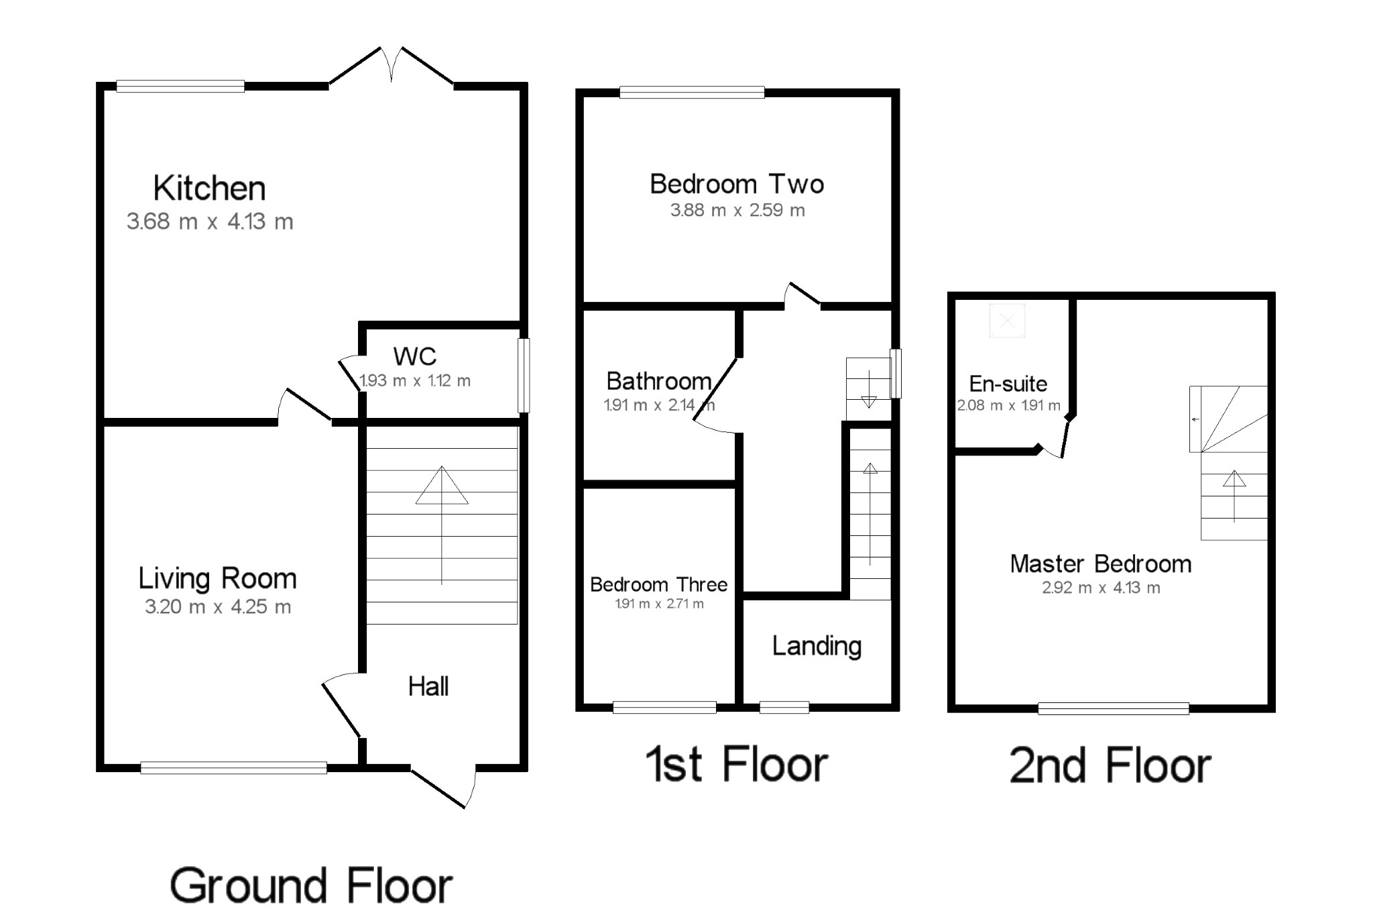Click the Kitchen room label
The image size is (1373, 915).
click(209, 189)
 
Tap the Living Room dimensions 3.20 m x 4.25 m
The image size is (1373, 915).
click(218, 607)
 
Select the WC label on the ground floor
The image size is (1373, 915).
click(414, 356)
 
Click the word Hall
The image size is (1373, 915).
click(428, 686)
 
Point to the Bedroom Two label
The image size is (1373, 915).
click(737, 184)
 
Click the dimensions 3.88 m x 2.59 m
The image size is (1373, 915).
click(737, 211)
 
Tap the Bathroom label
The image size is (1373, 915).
click(658, 381)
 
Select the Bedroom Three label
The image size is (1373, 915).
click(658, 584)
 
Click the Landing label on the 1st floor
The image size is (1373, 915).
click(817, 646)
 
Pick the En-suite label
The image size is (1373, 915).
click(1008, 384)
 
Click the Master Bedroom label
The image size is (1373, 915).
click(1101, 564)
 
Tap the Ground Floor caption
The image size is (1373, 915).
click(311, 885)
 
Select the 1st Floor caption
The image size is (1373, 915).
click(736, 765)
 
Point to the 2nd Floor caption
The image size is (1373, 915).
click(1110, 765)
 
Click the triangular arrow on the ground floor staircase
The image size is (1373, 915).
click(441, 486)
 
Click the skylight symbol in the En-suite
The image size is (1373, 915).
click(1008, 321)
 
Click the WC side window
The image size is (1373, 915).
click(524, 375)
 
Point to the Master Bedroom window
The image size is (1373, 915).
click(1113, 708)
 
